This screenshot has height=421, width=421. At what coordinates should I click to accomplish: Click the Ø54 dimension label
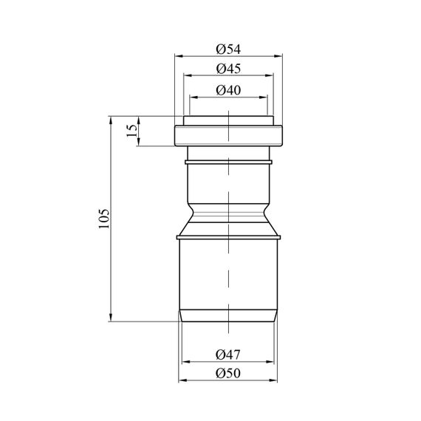click(x=228, y=49)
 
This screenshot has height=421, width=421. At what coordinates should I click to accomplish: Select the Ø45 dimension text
click(x=228, y=69)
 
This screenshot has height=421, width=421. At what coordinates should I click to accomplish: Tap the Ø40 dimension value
click(x=228, y=90)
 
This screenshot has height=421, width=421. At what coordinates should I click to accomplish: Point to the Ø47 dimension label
click(x=228, y=355)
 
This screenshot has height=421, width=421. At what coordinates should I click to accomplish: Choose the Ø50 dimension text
click(x=228, y=374)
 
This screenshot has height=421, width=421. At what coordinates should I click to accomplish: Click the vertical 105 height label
click(x=104, y=219)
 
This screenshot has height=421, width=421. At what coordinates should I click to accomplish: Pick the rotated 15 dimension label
click(x=131, y=131)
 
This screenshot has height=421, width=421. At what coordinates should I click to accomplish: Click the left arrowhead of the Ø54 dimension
click(x=179, y=56)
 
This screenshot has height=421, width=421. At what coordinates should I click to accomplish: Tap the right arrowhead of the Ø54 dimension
click(x=278, y=56)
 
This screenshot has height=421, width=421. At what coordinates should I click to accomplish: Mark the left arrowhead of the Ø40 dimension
click(x=194, y=97)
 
